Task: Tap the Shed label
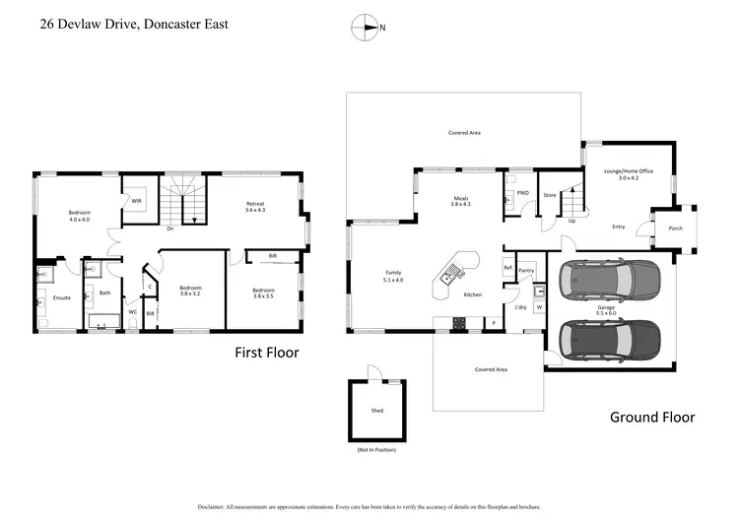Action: pyautogui.click(x=377, y=411)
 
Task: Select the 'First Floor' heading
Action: pyautogui.click(x=266, y=352)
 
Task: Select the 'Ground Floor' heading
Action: pyautogui.click(x=651, y=417)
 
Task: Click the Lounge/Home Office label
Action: pyautogui.click(x=628, y=173)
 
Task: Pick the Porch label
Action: pyautogui.click(x=675, y=228)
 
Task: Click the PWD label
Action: pyautogui.click(x=522, y=193)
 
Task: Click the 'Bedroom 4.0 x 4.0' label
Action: pyautogui.click(x=79, y=216)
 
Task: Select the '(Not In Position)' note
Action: pyautogui.click(x=377, y=450)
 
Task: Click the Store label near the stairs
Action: pyautogui.click(x=550, y=195)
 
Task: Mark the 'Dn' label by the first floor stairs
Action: pyautogui.click(x=170, y=229)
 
